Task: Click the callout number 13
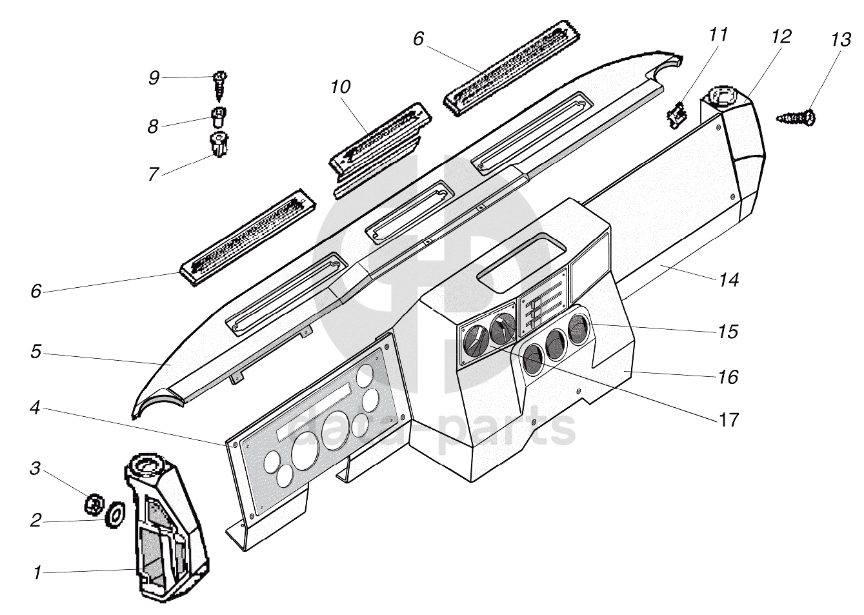840,40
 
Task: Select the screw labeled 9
219,85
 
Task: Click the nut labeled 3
95,502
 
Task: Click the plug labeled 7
220,145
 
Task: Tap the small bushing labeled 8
219,117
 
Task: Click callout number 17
728,419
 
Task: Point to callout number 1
37,572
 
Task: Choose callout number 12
780,36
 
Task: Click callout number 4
36,409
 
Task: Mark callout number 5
35,352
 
